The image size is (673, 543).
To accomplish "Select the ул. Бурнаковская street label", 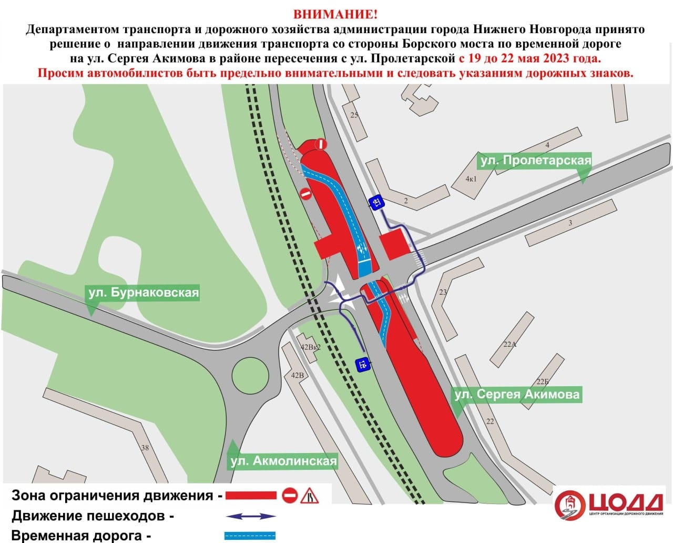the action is click(x=144, y=292).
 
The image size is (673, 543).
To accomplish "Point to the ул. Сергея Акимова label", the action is click(x=517, y=394).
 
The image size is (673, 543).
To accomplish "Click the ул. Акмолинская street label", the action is click(x=283, y=461).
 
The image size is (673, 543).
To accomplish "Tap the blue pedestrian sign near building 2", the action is click(x=376, y=202).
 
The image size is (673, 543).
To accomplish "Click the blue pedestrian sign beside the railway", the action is click(x=362, y=364).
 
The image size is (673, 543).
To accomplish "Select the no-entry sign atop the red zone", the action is click(x=321, y=144).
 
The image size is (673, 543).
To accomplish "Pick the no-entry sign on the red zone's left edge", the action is click(x=306, y=194).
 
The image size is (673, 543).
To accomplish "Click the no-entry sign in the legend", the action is click(x=290, y=495).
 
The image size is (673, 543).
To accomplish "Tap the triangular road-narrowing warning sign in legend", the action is click(x=309, y=496).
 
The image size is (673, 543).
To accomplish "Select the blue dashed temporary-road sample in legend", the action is click(x=250, y=536).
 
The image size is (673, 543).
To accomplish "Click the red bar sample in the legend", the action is click(x=251, y=495).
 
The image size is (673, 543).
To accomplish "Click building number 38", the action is click(x=145, y=448).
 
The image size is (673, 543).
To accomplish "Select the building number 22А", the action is click(x=509, y=345).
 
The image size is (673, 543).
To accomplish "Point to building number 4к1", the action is click(x=471, y=179).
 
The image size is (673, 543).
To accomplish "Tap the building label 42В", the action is click(x=298, y=375).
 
